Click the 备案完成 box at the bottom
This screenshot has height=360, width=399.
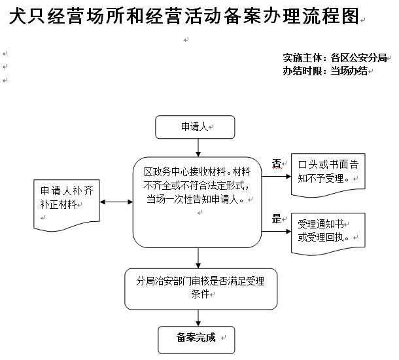[196, 338]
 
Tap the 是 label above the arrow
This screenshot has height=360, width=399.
[276, 219]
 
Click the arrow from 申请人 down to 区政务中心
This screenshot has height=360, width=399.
[198, 148]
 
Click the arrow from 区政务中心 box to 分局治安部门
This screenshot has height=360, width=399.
[198, 259]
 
